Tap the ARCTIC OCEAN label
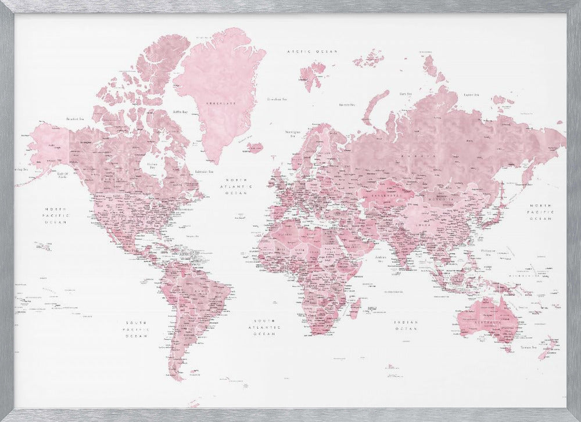pos(313,52)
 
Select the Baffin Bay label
pos(181,111)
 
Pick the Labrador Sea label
pos(204,171)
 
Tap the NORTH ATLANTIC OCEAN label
pos(239,186)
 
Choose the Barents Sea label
pos(347,105)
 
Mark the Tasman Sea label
pos(527,348)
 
